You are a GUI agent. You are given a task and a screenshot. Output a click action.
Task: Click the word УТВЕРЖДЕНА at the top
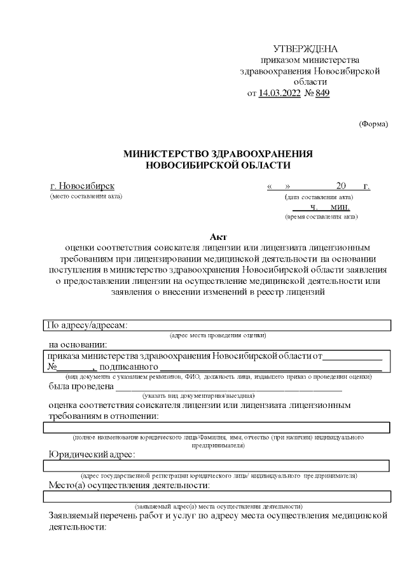pos(305,49)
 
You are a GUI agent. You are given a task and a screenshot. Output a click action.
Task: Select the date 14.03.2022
pos(280,93)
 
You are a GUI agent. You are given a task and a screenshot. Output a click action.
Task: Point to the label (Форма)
pos(373,123)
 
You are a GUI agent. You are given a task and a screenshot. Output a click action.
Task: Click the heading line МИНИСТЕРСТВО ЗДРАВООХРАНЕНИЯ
pos(218,154)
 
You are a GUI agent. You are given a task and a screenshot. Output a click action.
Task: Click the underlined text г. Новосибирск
pos(82,186)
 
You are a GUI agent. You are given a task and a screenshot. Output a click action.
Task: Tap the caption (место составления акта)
pos(86,196)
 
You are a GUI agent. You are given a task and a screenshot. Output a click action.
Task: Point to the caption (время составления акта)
pos(321,217)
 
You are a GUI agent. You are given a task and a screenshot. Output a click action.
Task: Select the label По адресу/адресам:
pos(86,325)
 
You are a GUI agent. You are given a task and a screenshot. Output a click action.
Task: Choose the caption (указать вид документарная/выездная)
pos(198,395)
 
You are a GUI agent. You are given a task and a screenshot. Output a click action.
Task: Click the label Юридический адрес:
pos(92,454)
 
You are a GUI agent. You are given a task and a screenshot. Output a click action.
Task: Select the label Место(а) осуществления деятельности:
pos(130,486)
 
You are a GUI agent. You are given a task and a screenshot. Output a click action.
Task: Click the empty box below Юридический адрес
pos(216,466)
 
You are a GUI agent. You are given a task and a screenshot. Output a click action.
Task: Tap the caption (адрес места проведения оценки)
pos(217,335)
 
